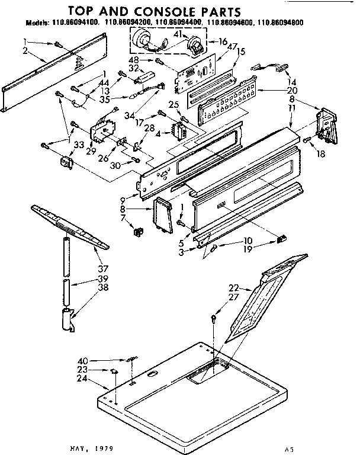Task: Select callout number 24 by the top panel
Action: (x=82, y=378)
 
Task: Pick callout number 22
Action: (x=234, y=287)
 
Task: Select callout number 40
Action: (x=82, y=360)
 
